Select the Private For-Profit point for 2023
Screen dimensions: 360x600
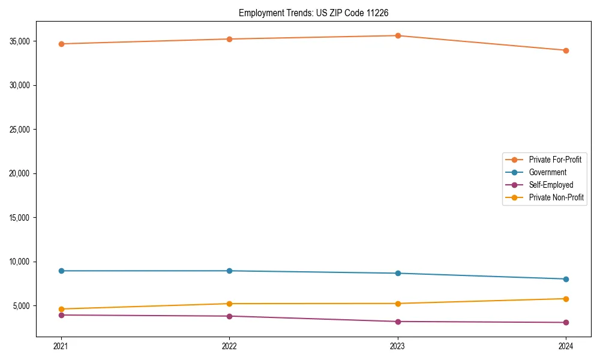tap(398, 35)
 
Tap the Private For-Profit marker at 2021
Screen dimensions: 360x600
tap(61, 44)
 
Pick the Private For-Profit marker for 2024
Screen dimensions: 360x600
tap(566, 50)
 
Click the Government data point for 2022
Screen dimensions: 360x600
tap(229, 271)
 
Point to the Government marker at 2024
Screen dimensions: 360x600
tap(566, 279)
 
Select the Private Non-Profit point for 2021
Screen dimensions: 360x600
tap(61, 309)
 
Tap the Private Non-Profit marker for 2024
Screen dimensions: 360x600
tap(566, 299)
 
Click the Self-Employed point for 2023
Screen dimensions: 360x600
tap(398, 322)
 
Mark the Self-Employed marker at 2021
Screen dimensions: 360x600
tap(61, 315)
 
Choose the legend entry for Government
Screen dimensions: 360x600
tap(547, 172)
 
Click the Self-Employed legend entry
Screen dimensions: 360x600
tap(551, 185)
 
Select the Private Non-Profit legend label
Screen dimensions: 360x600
tap(556, 197)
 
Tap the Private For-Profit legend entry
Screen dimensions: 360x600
tap(554, 160)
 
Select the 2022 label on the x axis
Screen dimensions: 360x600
tap(229, 346)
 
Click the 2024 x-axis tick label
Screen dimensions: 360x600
tap(566, 346)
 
